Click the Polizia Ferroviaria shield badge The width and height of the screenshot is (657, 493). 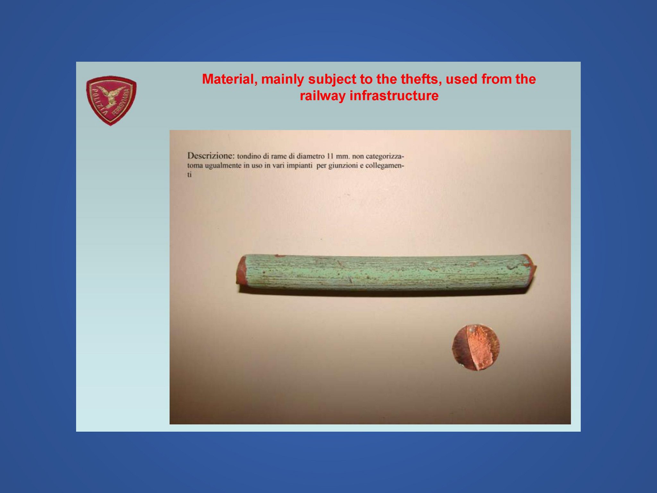click(x=111, y=100)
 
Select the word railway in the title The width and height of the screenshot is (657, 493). click(x=322, y=96)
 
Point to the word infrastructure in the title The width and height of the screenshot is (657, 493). click(x=394, y=96)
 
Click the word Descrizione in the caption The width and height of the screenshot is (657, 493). click(x=211, y=156)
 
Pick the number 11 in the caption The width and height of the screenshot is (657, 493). click(x=330, y=157)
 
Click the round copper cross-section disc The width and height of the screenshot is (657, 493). click(x=476, y=347)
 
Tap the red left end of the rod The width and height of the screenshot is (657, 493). click(x=241, y=270)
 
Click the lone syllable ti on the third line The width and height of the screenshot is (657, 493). click(x=190, y=175)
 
